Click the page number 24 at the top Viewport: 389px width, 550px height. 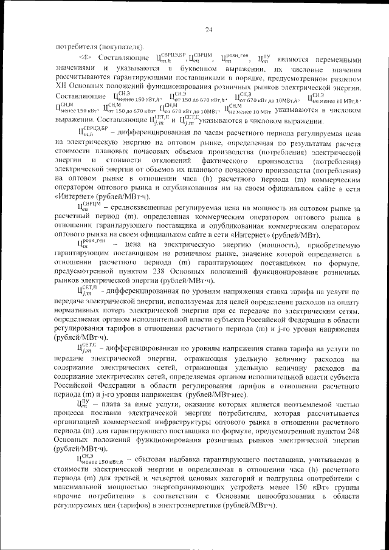click(208, 30)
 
